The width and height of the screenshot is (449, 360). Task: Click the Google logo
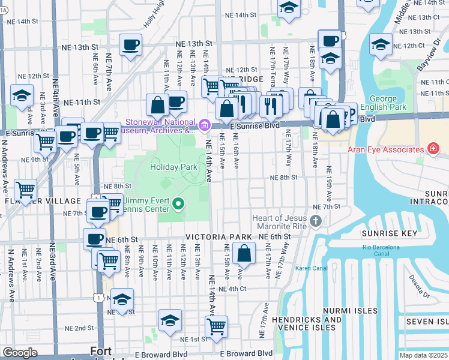(20, 353)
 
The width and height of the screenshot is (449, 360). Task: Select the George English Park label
(383, 103)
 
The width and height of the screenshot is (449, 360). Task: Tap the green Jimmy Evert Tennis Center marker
(178, 205)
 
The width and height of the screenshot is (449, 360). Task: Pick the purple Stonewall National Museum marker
(204, 125)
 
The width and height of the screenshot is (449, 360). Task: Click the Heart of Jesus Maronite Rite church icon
(316, 223)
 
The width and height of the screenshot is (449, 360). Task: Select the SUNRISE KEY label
(389, 232)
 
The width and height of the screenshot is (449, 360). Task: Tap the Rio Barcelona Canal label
(381, 250)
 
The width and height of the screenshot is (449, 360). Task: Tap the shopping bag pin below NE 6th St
(244, 254)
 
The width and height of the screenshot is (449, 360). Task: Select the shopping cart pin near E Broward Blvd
(215, 327)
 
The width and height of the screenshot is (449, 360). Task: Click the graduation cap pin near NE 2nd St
(170, 320)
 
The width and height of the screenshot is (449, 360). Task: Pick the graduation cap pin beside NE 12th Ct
(381, 44)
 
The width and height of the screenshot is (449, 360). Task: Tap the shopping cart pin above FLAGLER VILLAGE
(25, 190)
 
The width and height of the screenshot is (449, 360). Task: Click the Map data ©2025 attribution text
(423, 355)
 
